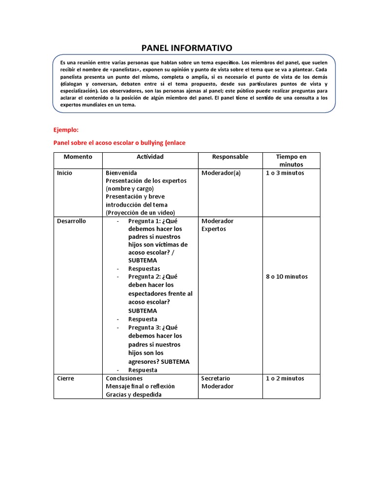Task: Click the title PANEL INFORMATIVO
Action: click(187, 48)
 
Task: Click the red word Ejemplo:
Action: click(65, 130)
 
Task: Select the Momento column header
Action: click(77, 157)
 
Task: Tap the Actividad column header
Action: click(150, 157)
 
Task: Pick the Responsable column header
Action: click(230, 157)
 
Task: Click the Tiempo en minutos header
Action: click(291, 160)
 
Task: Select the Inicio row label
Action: click(64, 173)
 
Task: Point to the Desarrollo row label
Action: click(71, 221)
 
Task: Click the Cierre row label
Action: click(65, 378)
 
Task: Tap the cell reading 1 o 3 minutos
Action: click(285, 173)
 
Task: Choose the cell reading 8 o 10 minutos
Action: click(287, 277)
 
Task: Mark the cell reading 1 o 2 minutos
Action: click(285, 378)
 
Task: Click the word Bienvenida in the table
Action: click(121, 173)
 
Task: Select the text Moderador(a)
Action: click(221, 173)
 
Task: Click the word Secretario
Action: click(215, 378)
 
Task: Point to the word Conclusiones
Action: click(124, 378)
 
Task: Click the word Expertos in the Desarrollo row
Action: click(214, 229)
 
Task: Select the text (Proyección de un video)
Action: click(140, 213)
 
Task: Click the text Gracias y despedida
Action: click(133, 394)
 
